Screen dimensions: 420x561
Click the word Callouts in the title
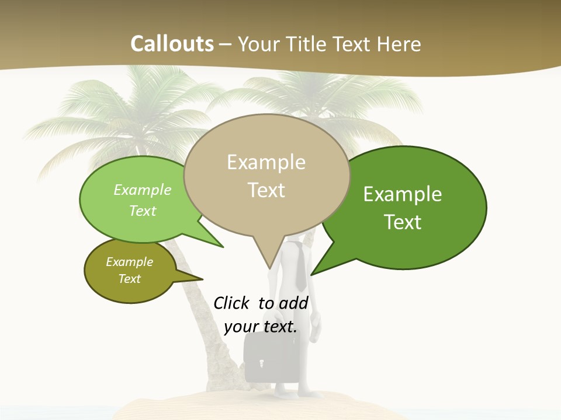tap(172, 44)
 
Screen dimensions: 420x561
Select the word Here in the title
tap(400, 44)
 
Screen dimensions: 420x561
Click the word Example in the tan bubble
tap(266, 162)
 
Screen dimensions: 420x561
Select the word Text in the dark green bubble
tap(403, 222)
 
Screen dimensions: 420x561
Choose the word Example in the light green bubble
tap(142, 190)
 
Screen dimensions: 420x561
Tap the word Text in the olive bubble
tap(129, 279)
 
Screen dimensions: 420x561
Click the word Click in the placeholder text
tap(231, 303)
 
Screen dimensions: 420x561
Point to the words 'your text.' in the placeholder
tap(260, 327)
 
